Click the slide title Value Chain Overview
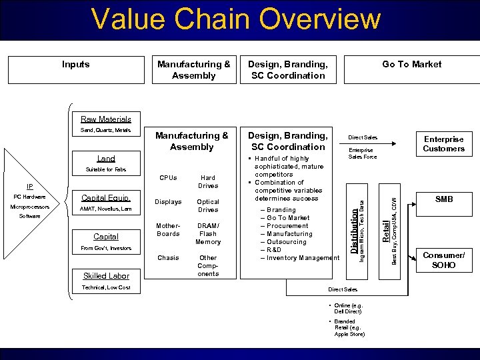coord(236,19)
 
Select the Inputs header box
coord(75,69)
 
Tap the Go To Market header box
coord(411,69)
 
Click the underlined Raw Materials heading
coord(106,119)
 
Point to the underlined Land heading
coord(106,159)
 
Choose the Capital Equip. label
coord(105,198)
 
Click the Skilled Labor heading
coord(106,276)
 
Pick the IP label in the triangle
coord(30,187)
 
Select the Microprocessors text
coord(29,207)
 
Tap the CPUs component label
coord(168,178)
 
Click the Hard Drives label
coord(208,182)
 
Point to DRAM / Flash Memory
coord(208,234)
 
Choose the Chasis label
coord(168,257)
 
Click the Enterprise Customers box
coord(443,144)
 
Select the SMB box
coord(443,199)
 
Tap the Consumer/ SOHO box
coord(443,260)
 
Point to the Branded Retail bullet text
coord(349,327)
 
